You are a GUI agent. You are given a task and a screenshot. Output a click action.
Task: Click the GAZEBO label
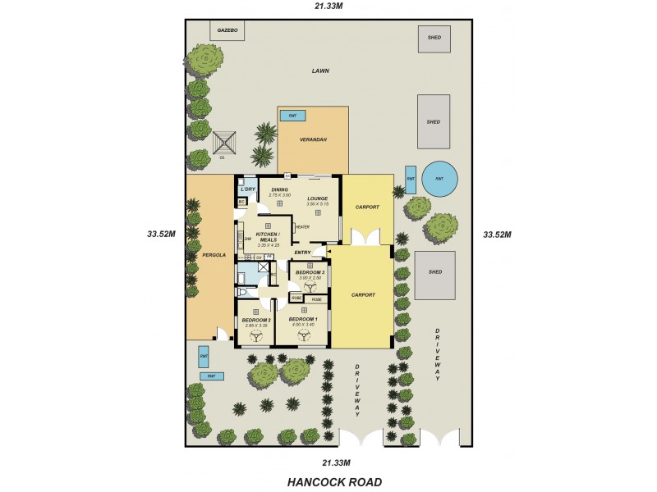point(227,31)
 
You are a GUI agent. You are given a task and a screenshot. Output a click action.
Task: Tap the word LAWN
point(320,71)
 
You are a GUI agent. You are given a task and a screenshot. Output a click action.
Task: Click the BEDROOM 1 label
point(304,320)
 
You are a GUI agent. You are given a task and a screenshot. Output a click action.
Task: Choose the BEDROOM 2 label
point(256,321)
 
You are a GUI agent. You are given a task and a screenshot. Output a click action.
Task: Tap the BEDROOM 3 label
point(310,272)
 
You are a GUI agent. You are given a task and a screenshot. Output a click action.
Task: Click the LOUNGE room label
point(318,198)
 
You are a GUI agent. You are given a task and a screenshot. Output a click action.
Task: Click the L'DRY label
point(248,189)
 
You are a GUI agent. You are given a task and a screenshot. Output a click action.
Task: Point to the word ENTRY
point(302,253)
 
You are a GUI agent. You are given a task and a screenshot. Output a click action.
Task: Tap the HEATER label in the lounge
point(301,227)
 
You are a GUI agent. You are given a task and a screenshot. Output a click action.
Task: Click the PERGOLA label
point(202,255)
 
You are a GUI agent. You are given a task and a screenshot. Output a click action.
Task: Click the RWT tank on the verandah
point(289,116)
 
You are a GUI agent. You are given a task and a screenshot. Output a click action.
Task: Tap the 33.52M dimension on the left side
point(163,235)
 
